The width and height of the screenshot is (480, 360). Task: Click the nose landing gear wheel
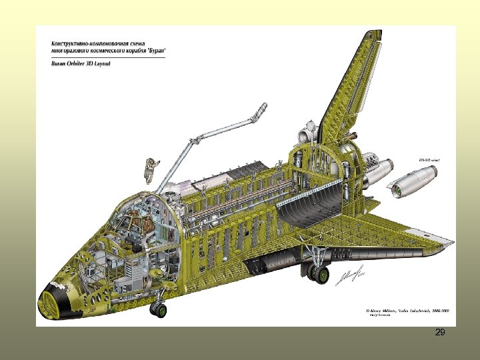159,309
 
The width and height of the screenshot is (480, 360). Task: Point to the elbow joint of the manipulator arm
196,141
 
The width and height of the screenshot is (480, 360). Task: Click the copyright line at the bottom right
406,311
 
